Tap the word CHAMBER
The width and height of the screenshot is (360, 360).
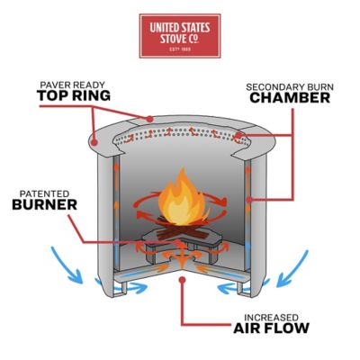(290, 98)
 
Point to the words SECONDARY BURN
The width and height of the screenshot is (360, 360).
(291, 85)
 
